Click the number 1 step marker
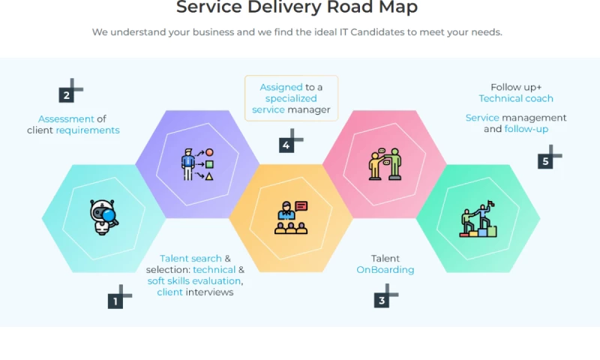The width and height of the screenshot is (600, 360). (115, 301)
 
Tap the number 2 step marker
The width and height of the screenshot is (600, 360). (67, 95)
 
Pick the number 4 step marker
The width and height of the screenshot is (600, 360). (286, 145)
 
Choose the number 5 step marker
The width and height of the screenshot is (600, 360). (545, 161)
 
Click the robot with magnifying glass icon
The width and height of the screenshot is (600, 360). (103, 217)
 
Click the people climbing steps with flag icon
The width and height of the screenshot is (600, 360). (478, 219)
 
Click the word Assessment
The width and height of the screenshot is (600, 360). (66, 118)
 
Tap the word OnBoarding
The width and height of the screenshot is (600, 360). (385, 270)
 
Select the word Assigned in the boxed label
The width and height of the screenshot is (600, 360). (281, 87)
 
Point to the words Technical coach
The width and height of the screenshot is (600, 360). (516, 98)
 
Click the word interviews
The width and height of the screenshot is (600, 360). (209, 292)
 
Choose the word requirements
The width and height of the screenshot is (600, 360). (88, 130)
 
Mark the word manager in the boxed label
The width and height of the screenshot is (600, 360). (309, 109)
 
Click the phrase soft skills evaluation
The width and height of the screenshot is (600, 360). (194, 281)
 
